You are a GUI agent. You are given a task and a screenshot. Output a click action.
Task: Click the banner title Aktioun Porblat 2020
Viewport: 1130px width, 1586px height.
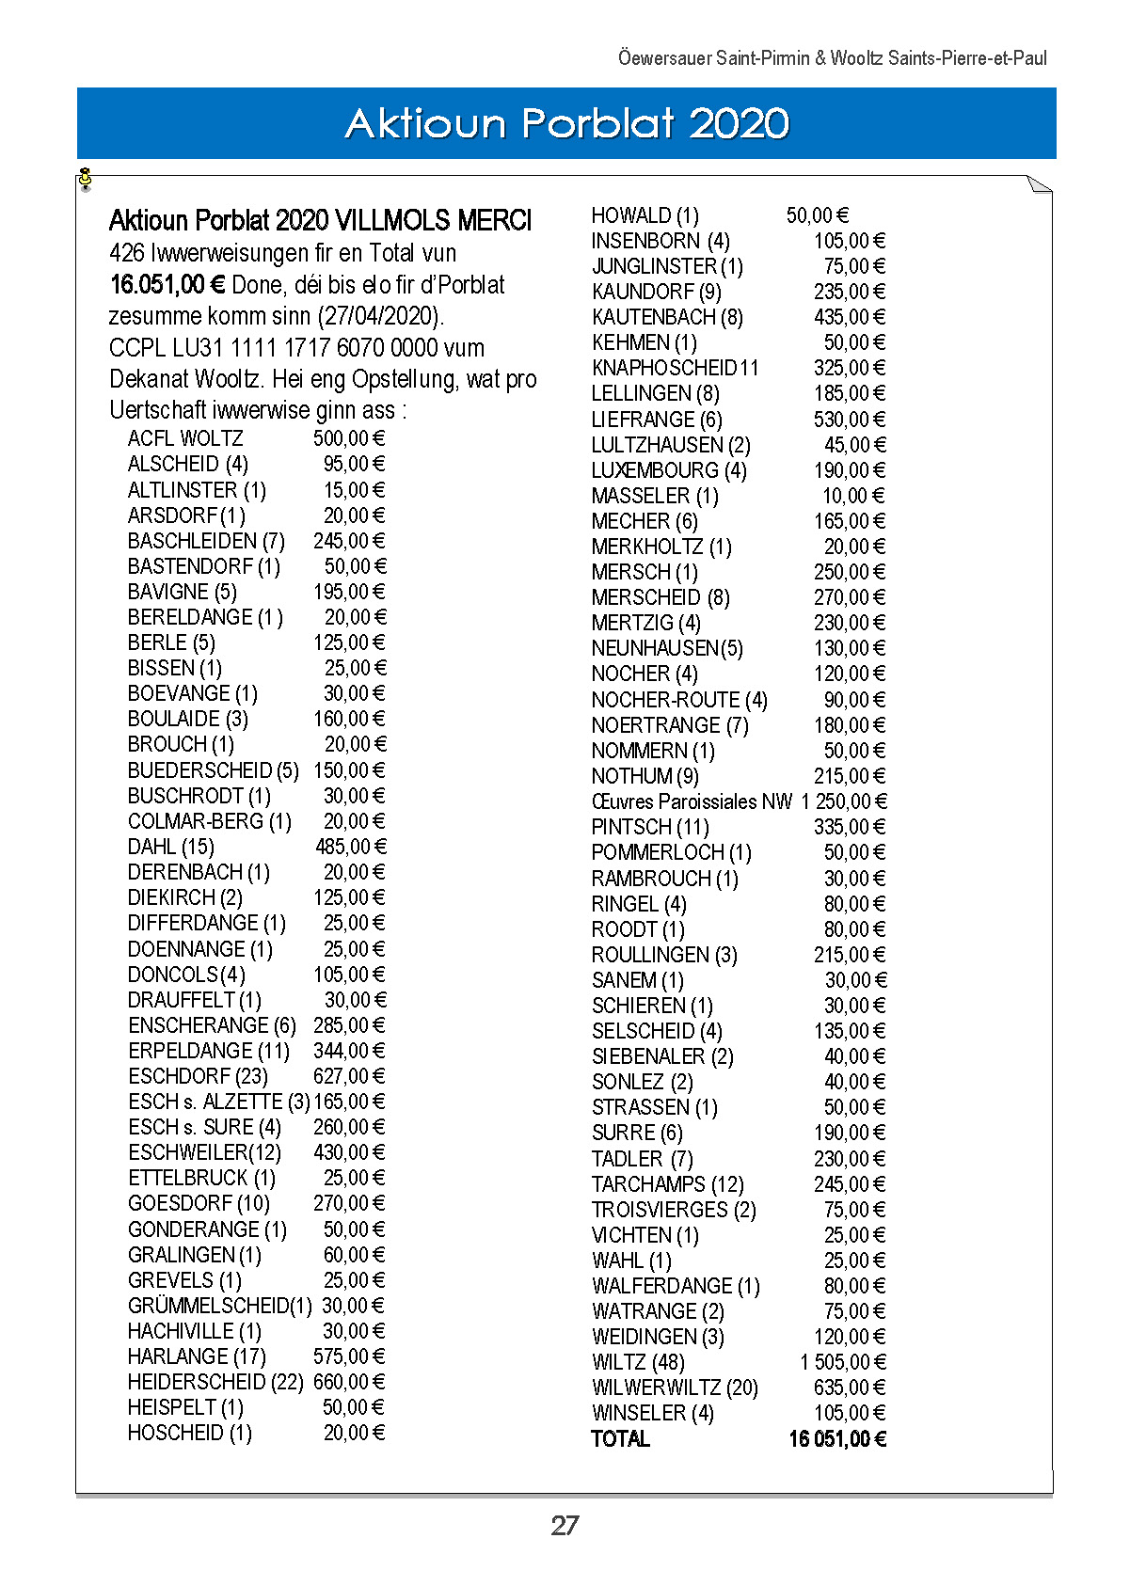566,123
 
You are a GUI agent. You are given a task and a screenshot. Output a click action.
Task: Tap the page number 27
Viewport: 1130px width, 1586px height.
565,1525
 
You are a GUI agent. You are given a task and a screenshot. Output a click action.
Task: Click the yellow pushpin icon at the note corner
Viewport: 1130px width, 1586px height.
86,178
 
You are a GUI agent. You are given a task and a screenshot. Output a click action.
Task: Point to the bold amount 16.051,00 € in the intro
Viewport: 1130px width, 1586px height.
167,285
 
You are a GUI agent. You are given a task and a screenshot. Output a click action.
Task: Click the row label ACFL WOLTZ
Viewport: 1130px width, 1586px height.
185,438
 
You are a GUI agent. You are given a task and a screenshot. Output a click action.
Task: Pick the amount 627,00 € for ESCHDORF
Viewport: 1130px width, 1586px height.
349,1076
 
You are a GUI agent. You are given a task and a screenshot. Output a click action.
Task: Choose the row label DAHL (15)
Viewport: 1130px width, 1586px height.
171,847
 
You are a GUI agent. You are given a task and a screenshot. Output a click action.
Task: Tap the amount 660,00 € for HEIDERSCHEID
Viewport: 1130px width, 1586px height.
349,1382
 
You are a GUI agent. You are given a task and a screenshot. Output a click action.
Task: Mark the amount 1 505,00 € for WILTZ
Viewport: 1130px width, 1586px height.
843,1362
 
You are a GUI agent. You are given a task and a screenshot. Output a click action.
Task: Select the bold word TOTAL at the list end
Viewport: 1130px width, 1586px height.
621,1439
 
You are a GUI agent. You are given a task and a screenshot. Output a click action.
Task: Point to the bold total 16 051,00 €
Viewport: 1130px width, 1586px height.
837,1439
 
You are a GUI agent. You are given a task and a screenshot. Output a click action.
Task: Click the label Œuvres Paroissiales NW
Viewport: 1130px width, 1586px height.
692,801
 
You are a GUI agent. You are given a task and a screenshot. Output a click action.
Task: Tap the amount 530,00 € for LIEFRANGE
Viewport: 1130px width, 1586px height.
850,420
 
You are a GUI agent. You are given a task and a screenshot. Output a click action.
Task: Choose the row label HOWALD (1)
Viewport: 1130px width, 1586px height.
645,215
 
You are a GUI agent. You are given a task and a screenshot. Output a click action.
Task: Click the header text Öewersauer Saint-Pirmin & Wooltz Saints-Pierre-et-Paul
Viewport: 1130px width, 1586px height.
832,58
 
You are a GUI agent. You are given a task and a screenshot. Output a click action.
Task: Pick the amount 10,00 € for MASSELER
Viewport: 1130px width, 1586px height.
853,496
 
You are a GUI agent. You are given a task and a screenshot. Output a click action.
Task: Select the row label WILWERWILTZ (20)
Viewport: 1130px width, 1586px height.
675,1388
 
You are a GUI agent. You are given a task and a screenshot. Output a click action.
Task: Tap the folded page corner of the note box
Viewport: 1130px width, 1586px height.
1040,183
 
